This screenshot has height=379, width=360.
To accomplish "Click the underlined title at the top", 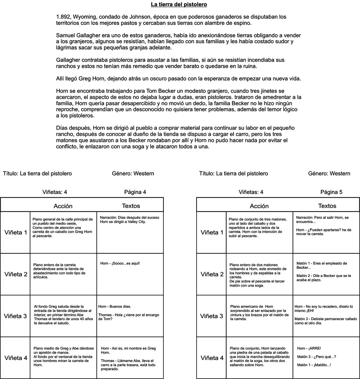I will tap(179, 4).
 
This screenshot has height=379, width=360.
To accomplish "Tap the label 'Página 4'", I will tap(137, 192).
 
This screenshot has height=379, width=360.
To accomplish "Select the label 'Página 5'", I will tap(331, 192).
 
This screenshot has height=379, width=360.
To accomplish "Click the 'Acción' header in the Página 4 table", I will tap(63, 206).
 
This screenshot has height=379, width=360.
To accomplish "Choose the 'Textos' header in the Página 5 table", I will tap(327, 206).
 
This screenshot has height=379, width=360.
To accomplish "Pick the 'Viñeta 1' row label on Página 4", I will tap(15, 232).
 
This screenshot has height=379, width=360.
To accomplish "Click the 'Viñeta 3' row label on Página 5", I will tap(212, 316).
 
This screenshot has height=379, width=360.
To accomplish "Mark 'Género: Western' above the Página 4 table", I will tap(133, 174).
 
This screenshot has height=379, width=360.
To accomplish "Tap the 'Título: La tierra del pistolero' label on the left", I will tap(37, 174).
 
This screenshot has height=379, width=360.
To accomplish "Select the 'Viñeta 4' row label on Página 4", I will tap(15, 358).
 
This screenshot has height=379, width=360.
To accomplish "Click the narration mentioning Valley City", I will tap(123, 220).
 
